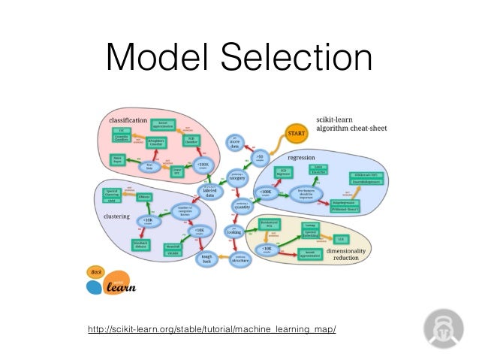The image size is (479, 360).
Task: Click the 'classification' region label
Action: coord(128,120)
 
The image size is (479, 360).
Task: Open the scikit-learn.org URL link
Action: coord(212,330)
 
